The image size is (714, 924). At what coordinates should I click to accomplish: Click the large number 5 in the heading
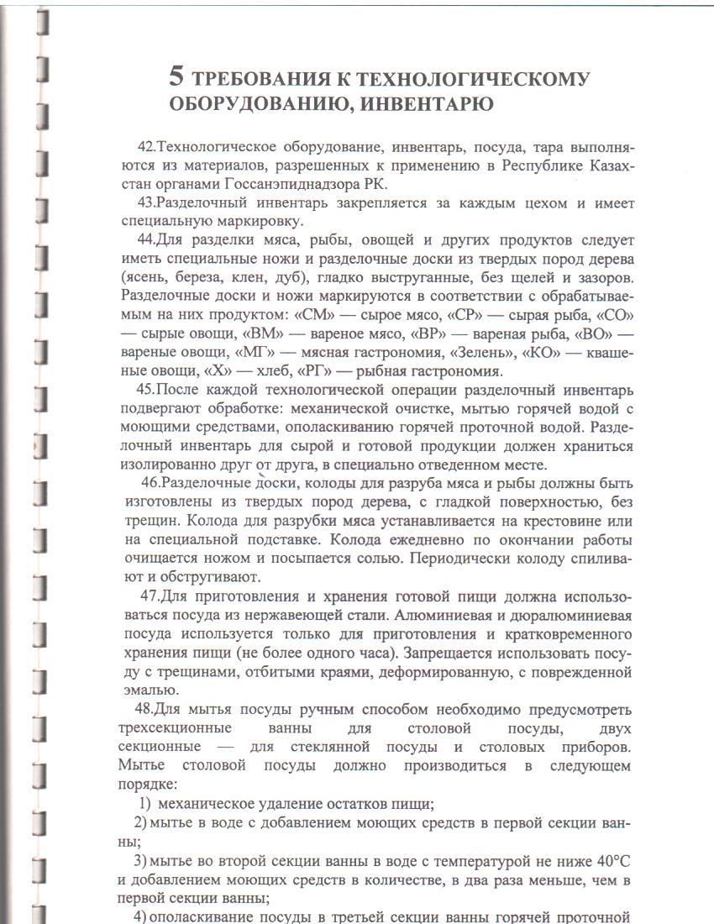coord(176,77)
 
